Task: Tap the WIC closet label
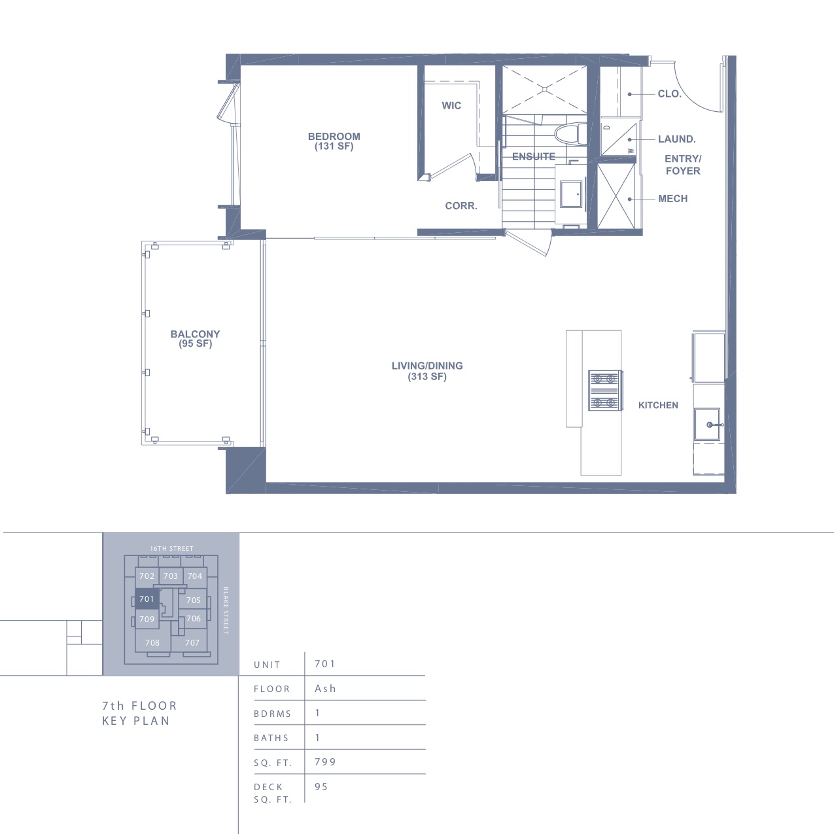pos(451,105)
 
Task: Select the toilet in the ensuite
pos(570,135)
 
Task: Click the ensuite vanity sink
pos(571,194)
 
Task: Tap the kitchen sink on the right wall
pos(707,424)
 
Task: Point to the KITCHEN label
pos(658,405)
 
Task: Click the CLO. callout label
pos(670,94)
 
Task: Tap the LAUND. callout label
pos(677,139)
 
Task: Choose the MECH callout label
pos(673,199)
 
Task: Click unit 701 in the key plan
pos(147,599)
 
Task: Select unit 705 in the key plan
pos(194,600)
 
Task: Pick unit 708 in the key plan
pos(152,643)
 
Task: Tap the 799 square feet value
pos(326,761)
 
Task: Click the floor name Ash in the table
pos(326,688)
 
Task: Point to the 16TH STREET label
pos(171,548)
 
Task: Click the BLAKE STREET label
pos(226,611)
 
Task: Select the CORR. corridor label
pos(461,206)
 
